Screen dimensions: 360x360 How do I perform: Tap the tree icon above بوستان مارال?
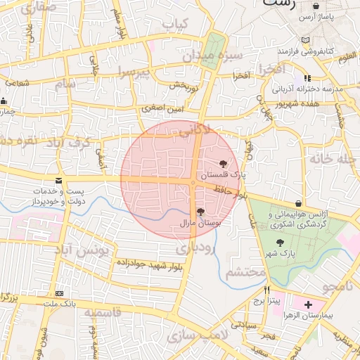200,211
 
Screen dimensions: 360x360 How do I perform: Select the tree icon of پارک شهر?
281,243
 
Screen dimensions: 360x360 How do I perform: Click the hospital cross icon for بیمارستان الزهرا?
307,304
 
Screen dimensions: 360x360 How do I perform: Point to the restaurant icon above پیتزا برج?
266,290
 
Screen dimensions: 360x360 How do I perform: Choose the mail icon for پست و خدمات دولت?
58,181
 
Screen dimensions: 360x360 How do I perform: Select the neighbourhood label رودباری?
192,248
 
